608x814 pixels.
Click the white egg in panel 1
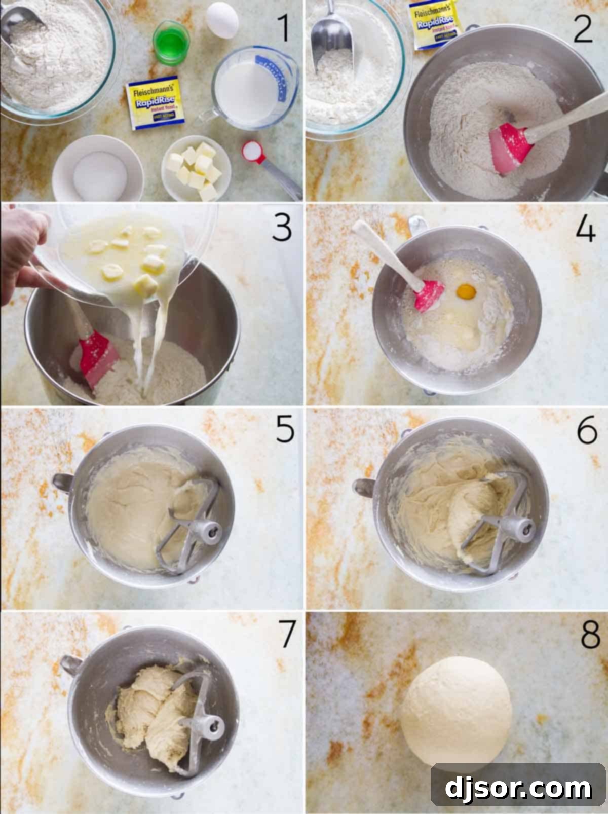tap(222, 19)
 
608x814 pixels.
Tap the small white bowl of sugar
tap(99, 170)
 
